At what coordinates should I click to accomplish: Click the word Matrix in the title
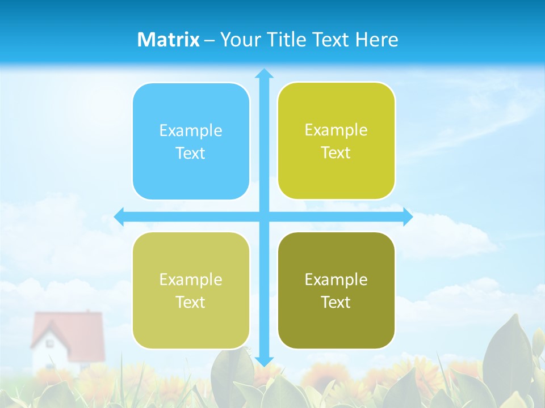(169, 40)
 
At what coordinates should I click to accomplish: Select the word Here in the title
(377, 40)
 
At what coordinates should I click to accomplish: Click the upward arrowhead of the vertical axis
(264, 73)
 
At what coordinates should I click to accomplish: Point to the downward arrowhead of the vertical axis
(264, 361)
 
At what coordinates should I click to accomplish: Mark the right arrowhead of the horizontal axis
(408, 216)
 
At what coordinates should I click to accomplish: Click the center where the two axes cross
(264, 216)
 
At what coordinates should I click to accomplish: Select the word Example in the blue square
(191, 131)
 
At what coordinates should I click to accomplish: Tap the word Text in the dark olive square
(336, 303)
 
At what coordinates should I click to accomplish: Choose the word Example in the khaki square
(191, 280)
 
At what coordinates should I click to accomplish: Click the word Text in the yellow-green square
(336, 153)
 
